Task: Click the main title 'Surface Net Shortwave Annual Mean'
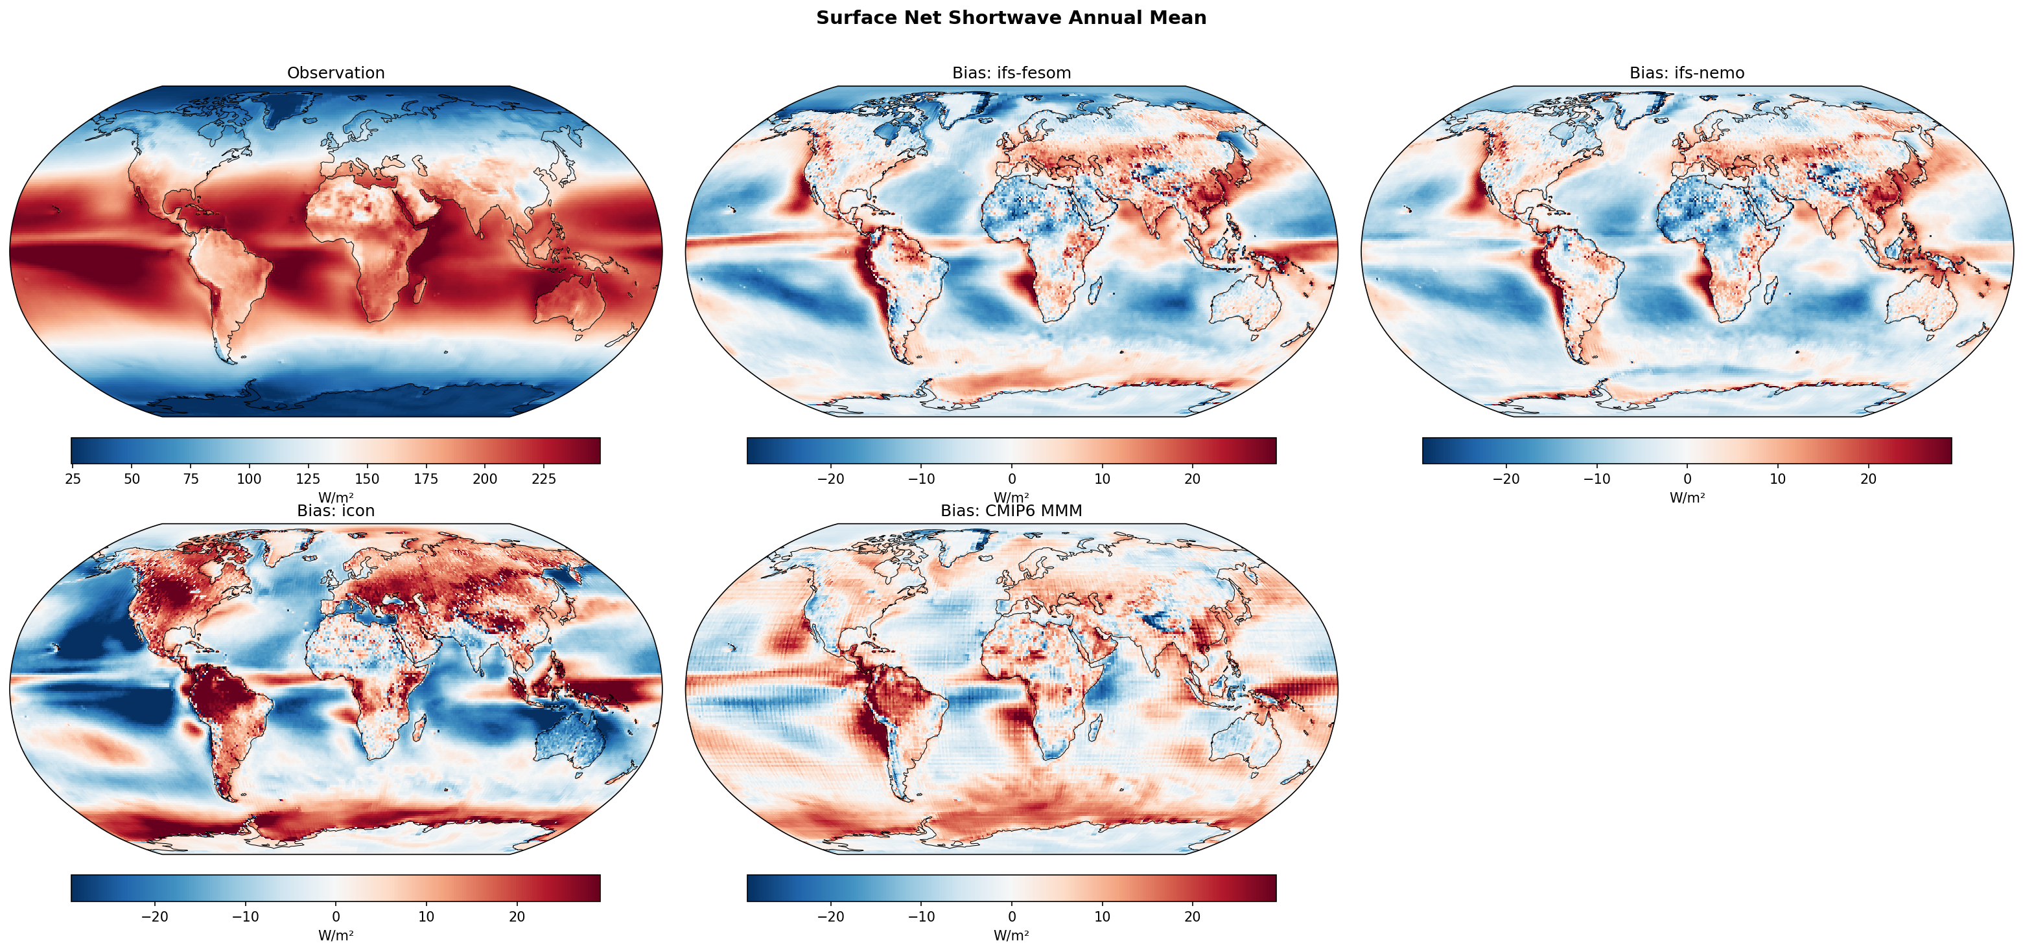(x=1011, y=18)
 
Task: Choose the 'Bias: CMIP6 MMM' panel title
(x=1011, y=511)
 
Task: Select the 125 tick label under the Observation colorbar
(x=308, y=479)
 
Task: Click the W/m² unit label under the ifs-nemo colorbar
(x=1686, y=497)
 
